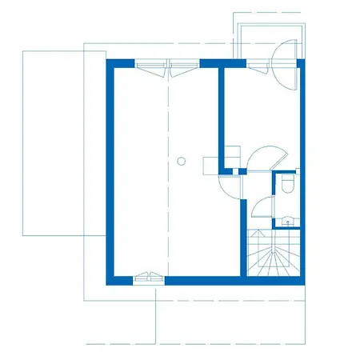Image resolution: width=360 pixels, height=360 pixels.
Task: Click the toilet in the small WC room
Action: [287, 186]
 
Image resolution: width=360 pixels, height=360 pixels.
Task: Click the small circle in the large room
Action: [182, 161]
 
